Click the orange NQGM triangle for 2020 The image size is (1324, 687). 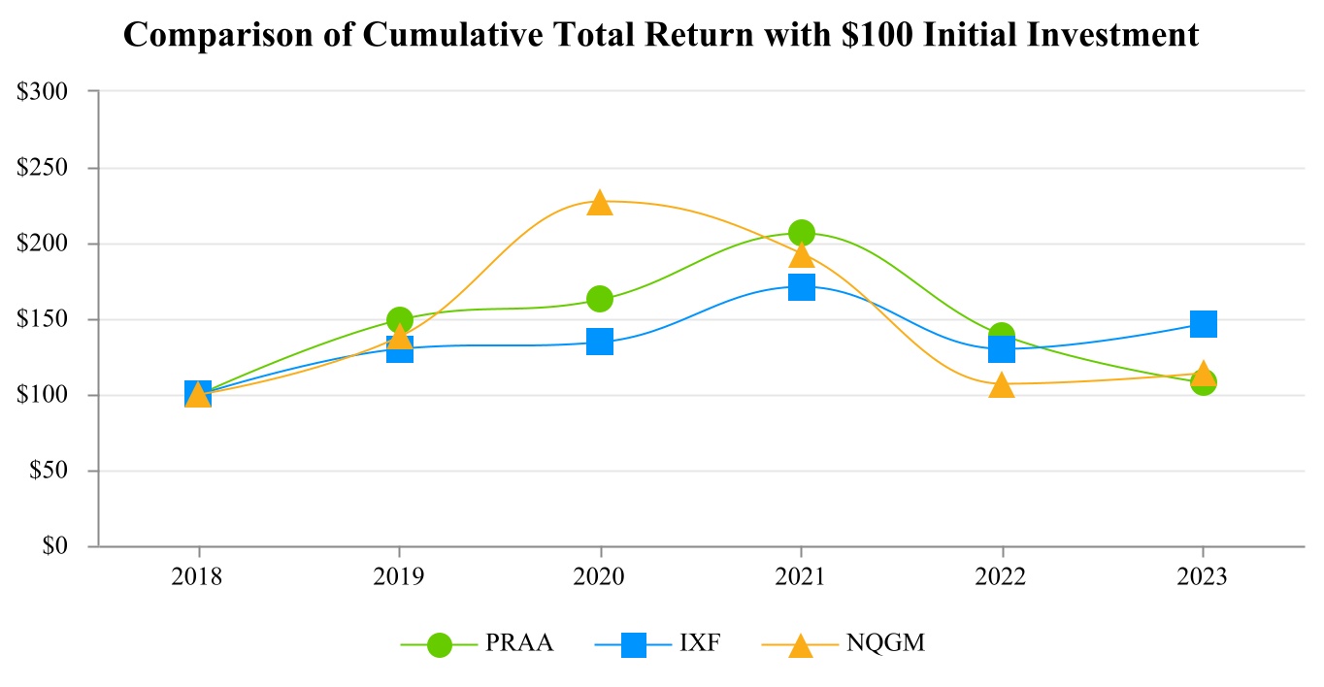pos(600,203)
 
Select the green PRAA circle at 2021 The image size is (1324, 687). pos(801,232)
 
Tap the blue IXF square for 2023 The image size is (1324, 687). pos(1203,323)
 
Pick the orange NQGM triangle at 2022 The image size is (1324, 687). pos(1002,385)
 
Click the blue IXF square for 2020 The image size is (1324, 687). pos(600,342)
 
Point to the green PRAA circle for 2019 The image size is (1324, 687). pos(399,319)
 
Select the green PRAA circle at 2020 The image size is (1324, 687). pos(600,298)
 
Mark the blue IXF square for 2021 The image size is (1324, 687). pos(801,287)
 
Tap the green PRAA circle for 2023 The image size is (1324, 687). pos(1203,381)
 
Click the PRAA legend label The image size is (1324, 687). pos(519,643)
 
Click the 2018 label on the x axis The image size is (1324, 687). pos(197,577)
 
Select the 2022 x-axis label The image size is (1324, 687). pos(1002,577)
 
